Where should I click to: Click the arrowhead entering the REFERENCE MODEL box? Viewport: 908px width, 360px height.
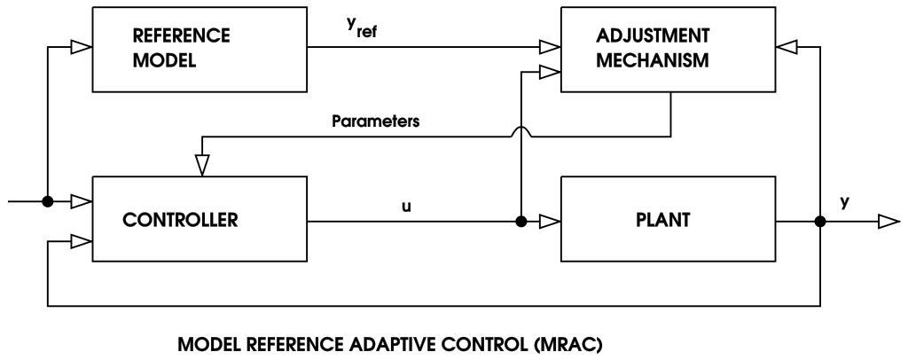pyautogui.click(x=81, y=45)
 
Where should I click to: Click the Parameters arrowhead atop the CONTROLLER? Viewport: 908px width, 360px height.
pyautogui.click(x=202, y=164)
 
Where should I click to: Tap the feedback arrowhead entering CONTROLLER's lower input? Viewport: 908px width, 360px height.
pyautogui.click(x=81, y=240)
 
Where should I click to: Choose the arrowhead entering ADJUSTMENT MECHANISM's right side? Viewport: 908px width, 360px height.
pyautogui.click(x=786, y=45)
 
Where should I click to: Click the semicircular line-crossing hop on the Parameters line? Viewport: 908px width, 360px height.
pyautogui.click(x=521, y=130)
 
